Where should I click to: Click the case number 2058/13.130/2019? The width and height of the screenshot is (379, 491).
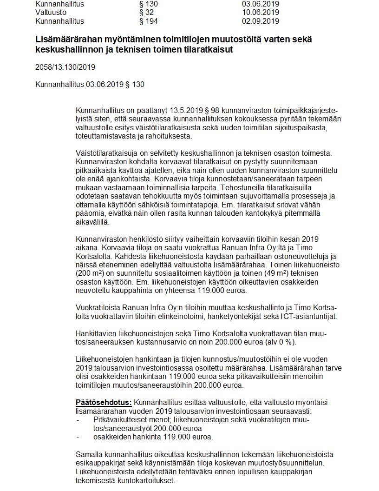coord(65,67)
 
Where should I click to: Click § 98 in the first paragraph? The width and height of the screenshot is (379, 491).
coord(209,111)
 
